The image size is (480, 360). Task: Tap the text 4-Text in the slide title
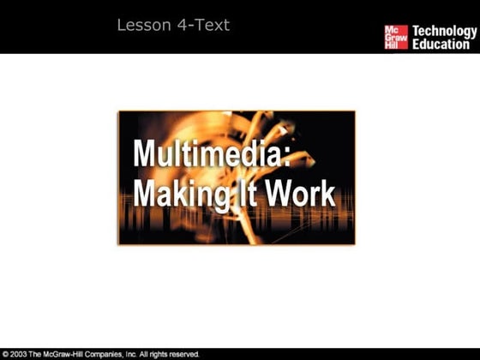point(202,26)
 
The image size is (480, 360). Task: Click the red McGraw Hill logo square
point(395,37)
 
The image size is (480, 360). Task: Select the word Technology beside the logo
point(444,32)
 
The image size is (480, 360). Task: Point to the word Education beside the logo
point(441,44)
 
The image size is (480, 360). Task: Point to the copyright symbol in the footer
point(5,354)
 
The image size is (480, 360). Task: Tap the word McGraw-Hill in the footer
point(70,354)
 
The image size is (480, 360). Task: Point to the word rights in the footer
point(176,354)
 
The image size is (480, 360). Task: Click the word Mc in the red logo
point(390,28)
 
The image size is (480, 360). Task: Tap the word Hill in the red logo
point(390,45)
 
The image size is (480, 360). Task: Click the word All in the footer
point(161,354)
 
